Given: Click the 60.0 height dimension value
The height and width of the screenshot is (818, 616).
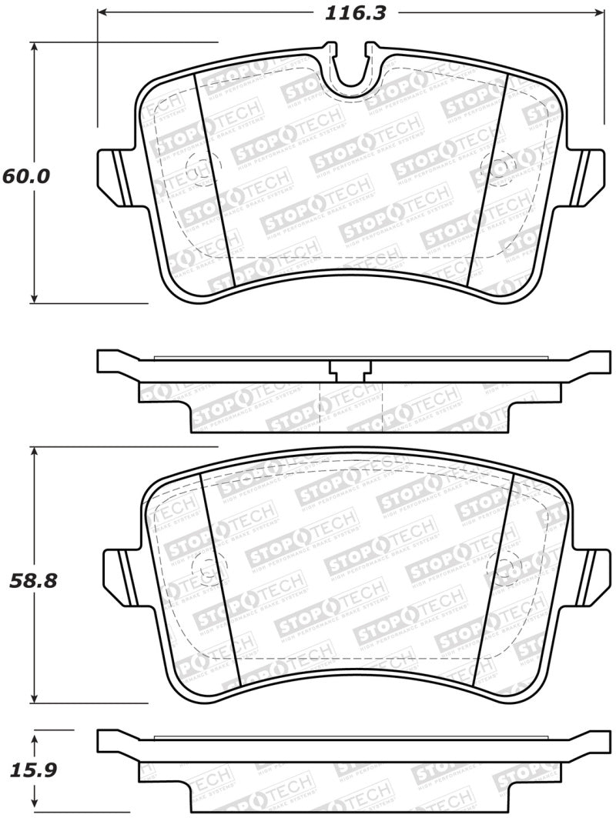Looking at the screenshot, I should point(26,175).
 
